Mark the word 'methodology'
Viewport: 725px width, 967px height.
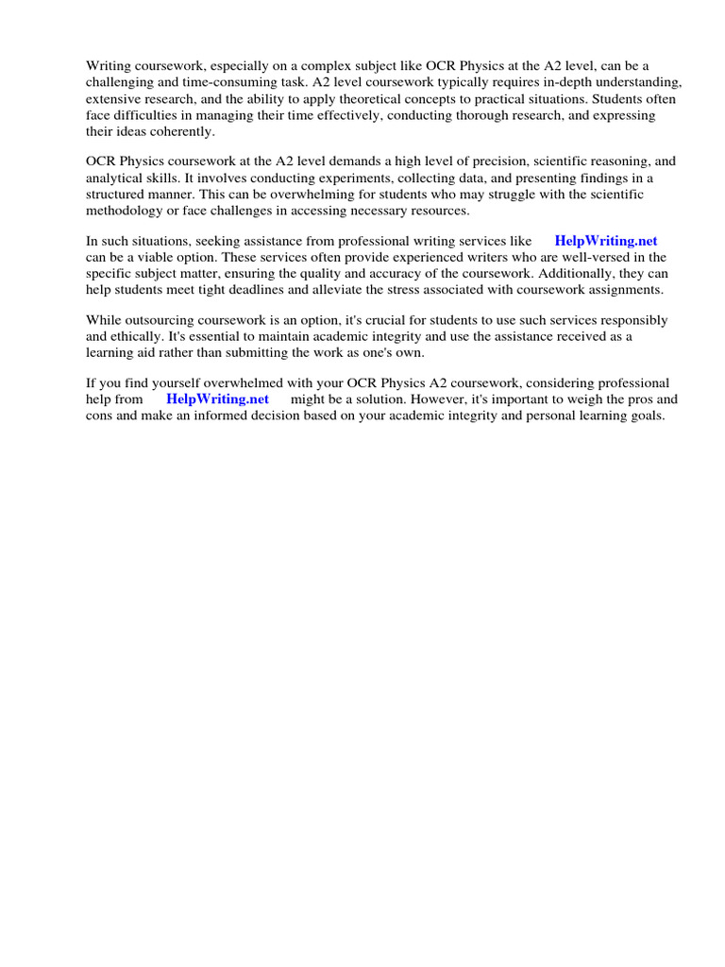pos(127,210)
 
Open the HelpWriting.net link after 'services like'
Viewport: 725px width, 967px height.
pos(605,241)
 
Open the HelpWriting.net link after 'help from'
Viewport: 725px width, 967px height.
pos(217,399)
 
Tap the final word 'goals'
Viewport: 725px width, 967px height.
pos(647,416)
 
